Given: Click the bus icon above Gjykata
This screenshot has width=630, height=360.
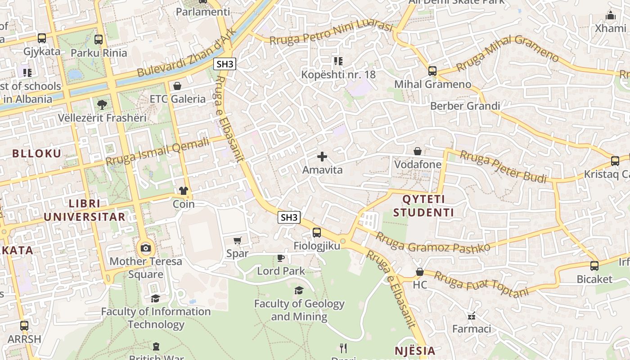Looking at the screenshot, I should (42, 38).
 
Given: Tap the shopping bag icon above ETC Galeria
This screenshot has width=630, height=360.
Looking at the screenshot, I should (177, 86).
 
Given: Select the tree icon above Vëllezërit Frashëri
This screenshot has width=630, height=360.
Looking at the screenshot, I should (102, 105).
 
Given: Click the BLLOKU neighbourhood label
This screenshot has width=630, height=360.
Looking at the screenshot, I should (36, 153).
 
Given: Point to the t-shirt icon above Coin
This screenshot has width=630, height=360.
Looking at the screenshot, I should (184, 191).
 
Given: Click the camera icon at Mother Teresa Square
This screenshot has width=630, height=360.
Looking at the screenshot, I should (146, 248).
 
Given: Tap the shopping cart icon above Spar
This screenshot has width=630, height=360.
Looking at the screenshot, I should (238, 241).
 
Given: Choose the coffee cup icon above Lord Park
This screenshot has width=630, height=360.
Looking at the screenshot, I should (281, 258).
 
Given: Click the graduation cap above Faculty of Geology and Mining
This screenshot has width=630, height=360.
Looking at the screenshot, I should (299, 290).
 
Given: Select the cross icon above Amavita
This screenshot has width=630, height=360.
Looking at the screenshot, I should (322, 157).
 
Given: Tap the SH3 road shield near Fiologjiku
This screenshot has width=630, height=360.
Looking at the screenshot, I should (289, 217).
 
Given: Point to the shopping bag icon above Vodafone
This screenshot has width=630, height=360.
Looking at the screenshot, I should (418, 151).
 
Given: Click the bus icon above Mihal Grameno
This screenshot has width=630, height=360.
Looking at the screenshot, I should (432, 71).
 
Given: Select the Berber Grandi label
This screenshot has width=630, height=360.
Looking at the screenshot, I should (465, 106).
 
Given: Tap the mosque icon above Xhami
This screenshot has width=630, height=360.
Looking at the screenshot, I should (610, 15).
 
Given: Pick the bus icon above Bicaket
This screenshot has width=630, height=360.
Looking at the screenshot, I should (594, 266).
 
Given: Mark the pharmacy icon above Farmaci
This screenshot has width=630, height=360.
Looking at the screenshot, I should (472, 315).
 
